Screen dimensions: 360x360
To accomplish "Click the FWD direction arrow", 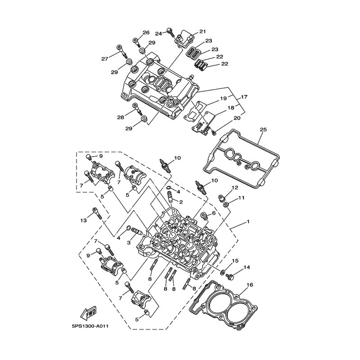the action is click(89, 313).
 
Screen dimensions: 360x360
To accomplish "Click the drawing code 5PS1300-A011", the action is click(90, 326).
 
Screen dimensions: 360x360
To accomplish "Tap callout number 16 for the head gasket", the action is click(250, 285).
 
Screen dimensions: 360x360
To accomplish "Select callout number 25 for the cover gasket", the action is click(263, 130).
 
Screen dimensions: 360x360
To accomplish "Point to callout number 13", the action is click(84, 220).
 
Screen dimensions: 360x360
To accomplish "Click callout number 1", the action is click(248, 222).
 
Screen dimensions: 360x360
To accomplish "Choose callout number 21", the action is click(203, 31).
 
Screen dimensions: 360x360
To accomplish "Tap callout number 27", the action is click(105, 59).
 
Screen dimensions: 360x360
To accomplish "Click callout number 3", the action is click(129, 243).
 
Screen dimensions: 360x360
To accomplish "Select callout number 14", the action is click(247, 267).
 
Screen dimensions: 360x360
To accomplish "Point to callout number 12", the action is click(235, 188).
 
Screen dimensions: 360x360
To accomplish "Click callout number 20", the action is click(237, 118).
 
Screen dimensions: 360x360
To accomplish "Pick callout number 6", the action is click(214, 213).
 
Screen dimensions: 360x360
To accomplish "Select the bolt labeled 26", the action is click(136, 42).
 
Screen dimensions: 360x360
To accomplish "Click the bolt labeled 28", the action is click(137, 109).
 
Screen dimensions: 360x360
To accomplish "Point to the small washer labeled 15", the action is click(223, 273).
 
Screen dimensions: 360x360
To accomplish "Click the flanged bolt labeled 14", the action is click(230, 277).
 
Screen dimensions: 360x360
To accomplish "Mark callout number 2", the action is click(181, 202).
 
